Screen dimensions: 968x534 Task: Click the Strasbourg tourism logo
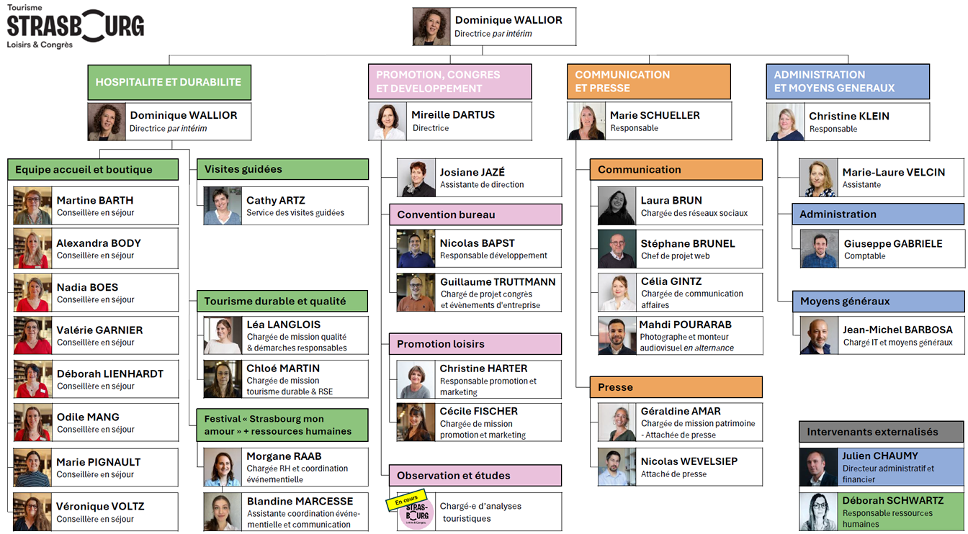point(75,27)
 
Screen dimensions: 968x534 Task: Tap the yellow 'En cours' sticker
point(407,500)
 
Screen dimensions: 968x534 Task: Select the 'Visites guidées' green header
point(282,169)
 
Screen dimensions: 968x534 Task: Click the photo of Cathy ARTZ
point(223,206)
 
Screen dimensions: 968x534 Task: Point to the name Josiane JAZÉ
point(472,172)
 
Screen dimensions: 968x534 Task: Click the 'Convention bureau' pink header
point(475,214)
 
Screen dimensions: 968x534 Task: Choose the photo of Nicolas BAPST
point(416,249)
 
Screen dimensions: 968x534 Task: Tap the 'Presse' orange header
point(676,387)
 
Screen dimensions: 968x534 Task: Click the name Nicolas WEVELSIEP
point(689,461)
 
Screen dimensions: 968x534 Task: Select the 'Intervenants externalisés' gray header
point(881,432)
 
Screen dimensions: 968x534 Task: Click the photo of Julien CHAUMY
point(818,467)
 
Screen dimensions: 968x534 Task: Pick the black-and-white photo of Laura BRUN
point(617,206)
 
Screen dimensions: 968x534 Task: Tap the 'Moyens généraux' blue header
point(879,302)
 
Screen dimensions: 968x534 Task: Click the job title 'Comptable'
point(864,256)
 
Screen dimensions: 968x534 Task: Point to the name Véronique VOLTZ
point(100,507)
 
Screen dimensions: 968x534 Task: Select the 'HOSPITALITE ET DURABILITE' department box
point(169,82)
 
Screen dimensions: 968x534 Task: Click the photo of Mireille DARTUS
point(387,122)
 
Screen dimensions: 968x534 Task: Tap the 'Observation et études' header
point(475,475)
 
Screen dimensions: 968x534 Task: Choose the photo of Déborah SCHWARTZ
point(818,512)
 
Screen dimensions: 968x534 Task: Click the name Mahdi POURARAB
point(686,325)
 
